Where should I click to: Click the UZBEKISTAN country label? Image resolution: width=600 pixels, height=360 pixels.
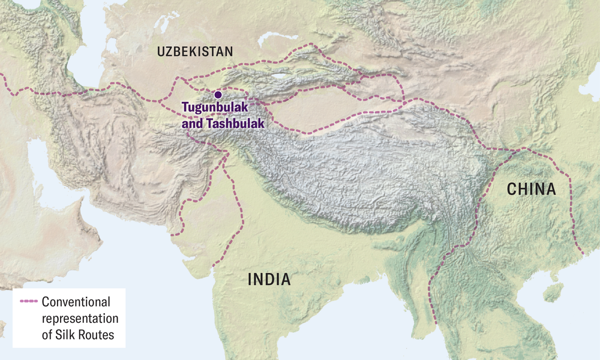click(194, 52)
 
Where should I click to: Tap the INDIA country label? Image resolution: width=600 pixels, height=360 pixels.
click(269, 279)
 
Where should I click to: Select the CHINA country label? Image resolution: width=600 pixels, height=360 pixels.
click(531, 190)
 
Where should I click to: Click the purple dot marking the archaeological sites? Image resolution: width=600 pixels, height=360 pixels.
click(218, 95)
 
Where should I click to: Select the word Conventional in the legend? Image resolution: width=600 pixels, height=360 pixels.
click(76, 301)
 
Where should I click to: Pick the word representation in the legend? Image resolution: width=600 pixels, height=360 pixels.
click(80, 318)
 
